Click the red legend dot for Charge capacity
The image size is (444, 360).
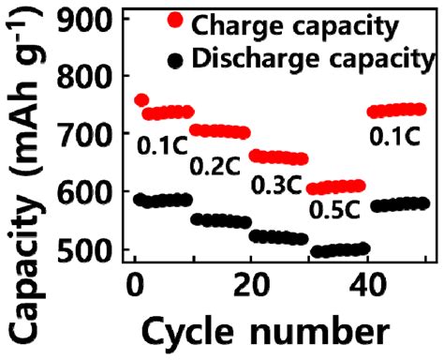(x=173, y=21)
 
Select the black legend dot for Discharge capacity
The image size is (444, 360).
(x=173, y=60)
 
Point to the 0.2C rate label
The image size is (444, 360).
(x=216, y=168)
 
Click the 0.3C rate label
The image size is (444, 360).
(x=278, y=186)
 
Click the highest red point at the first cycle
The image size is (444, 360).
(x=141, y=100)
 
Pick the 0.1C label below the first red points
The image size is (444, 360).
(x=161, y=146)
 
